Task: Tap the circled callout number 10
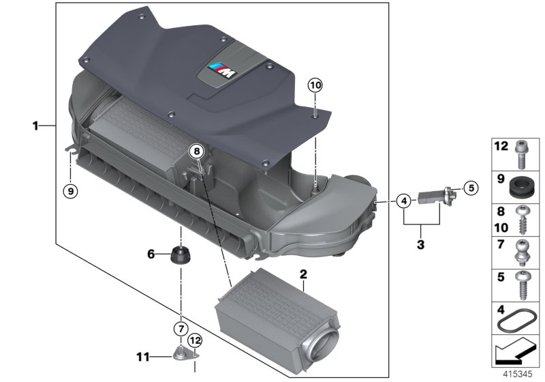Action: (x=316, y=86)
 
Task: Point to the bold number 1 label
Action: (x=35, y=126)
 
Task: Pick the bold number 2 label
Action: (x=302, y=275)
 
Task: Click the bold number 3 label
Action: (x=420, y=243)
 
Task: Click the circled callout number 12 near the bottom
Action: (x=195, y=339)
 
